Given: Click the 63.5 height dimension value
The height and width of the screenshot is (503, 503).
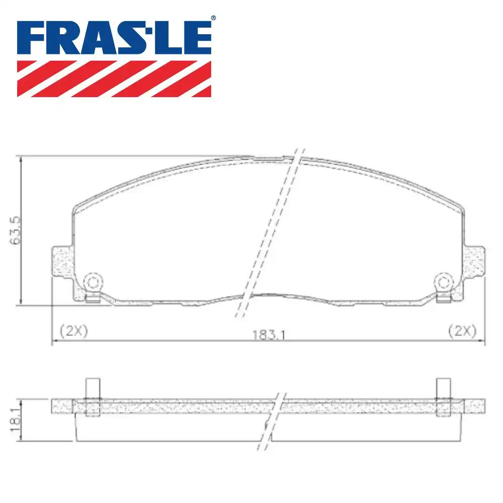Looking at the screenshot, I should [15, 230].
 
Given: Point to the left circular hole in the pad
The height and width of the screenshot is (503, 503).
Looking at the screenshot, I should [93, 282].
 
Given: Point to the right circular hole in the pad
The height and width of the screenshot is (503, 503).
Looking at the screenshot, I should [444, 282].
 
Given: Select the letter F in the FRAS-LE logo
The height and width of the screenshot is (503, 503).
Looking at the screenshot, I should [32, 38].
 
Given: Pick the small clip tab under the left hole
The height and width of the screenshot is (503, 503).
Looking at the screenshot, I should [92, 300].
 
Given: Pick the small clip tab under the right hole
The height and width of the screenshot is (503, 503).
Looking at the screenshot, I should [444, 300].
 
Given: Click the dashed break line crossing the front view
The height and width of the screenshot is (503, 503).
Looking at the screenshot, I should [269, 231].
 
